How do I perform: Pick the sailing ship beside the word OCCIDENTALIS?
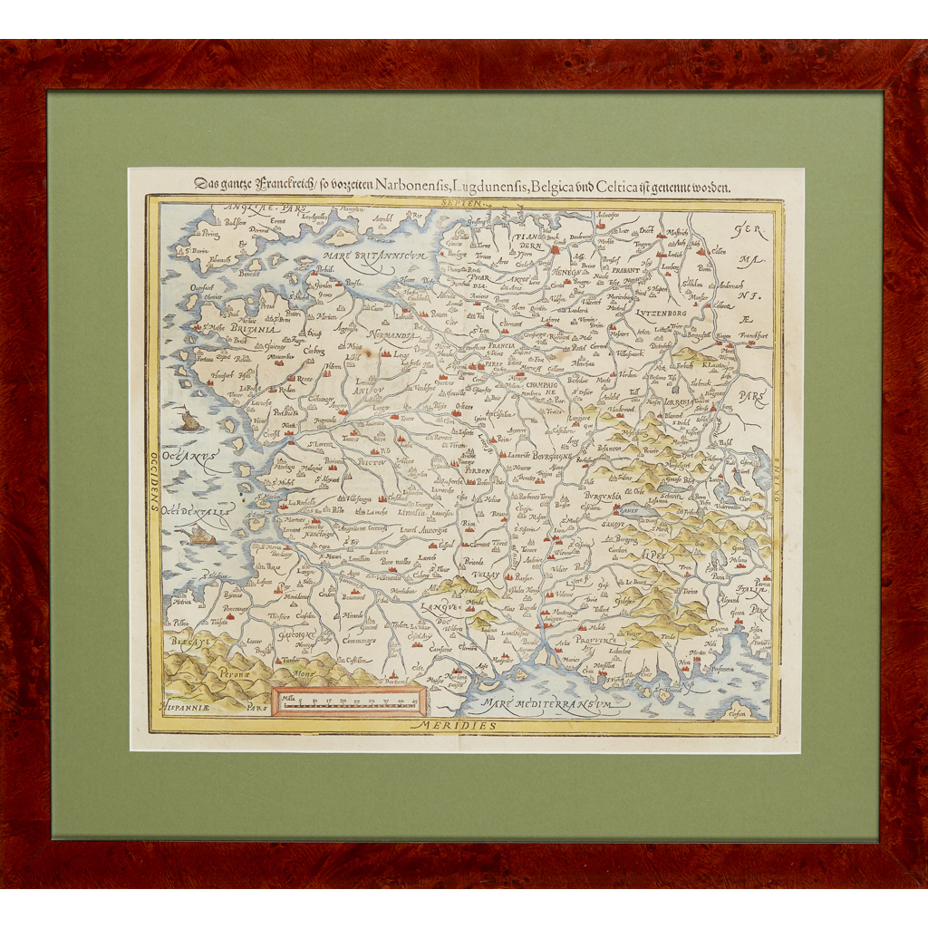(199, 536)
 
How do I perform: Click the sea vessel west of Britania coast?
(188, 420)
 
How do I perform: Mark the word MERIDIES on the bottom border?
(467, 727)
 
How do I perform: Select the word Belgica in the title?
(596, 188)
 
